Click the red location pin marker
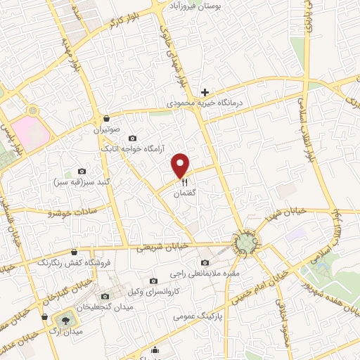click(x=181, y=165)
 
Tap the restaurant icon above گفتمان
click(x=181, y=181)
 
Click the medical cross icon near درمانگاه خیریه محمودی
click(x=205, y=92)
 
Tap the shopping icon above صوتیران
click(x=105, y=118)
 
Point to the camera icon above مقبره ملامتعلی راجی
click(x=205, y=263)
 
